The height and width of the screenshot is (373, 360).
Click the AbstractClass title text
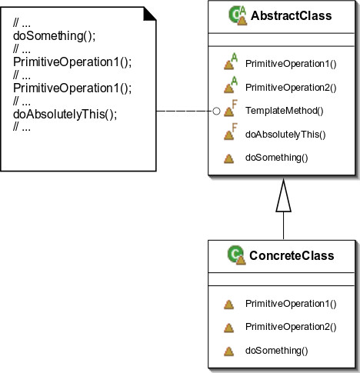(x=291, y=15)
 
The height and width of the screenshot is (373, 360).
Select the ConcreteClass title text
(x=292, y=255)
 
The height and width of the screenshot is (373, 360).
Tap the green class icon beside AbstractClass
(x=238, y=15)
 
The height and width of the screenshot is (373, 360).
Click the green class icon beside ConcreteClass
(x=237, y=255)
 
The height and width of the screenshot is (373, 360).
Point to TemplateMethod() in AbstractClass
(x=285, y=111)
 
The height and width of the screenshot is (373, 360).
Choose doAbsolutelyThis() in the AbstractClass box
(x=285, y=135)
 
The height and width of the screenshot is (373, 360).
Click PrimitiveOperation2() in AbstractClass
(x=291, y=88)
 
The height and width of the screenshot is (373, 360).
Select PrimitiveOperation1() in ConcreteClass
(x=291, y=304)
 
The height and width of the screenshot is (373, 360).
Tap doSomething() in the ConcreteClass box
(x=277, y=351)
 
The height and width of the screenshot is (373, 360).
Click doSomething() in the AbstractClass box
(x=277, y=158)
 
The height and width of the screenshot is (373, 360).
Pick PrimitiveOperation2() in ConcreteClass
(x=291, y=327)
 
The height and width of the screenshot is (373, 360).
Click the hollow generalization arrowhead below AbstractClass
(x=283, y=195)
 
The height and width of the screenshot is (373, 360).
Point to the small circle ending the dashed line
(x=216, y=111)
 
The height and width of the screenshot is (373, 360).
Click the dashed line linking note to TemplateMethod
(x=185, y=111)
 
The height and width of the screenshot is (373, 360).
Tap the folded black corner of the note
(x=149, y=14)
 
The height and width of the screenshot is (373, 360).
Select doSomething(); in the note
(x=54, y=36)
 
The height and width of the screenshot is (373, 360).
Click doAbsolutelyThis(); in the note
(x=65, y=115)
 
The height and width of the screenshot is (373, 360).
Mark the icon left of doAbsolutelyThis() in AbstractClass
(x=231, y=132)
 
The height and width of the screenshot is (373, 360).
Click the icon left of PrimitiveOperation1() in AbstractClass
(x=231, y=62)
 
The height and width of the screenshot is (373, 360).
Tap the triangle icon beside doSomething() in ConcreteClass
(x=228, y=351)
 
